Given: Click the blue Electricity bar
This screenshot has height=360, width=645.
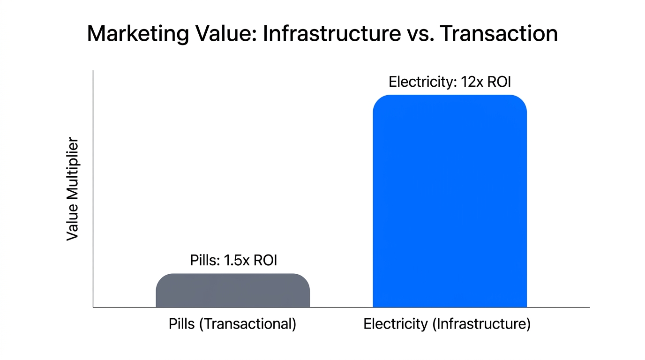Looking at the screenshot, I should [x=450, y=201].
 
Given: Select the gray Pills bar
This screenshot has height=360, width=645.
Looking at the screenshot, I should [x=232, y=291].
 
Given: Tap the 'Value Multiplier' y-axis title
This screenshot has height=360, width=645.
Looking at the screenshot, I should [x=72, y=189].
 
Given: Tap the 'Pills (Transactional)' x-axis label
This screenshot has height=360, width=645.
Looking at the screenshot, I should [x=232, y=324].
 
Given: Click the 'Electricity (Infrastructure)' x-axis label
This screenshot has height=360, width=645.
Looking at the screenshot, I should [x=447, y=324].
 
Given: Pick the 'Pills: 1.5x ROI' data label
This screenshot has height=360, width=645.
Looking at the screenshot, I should [x=233, y=261].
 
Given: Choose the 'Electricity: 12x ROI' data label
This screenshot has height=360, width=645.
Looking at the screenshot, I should [x=450, y=82].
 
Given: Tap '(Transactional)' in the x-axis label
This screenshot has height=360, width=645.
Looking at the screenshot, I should [x=248, y=324].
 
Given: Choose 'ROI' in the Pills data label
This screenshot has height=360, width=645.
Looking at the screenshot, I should [x=265, y=261].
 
